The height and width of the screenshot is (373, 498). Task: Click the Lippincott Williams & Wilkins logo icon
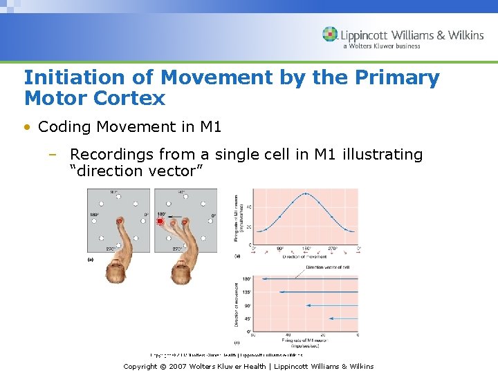[330, 35]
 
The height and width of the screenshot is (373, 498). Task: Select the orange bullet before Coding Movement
[27, 127]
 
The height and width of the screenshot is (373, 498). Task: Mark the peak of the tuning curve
[306, 194]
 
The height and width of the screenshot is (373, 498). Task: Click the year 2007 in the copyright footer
[178, 367]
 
